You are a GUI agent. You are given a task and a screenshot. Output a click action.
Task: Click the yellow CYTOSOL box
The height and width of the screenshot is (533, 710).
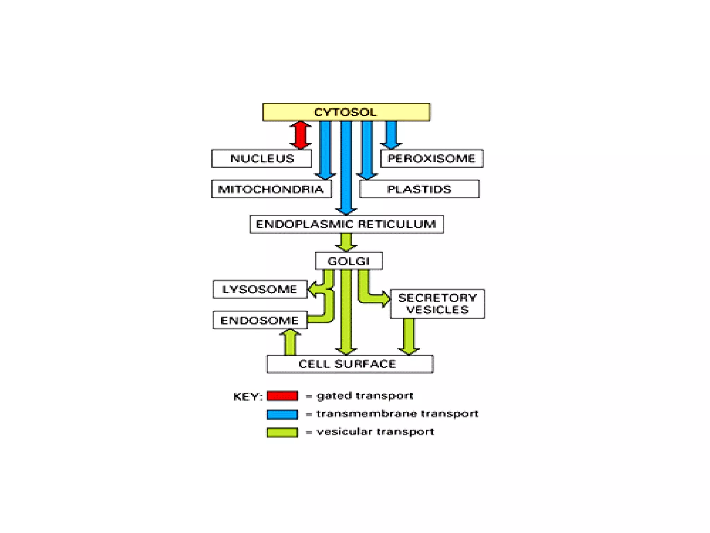(x=346, y=112)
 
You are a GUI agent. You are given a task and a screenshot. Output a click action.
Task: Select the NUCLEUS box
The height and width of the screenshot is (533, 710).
(x=261, y=158)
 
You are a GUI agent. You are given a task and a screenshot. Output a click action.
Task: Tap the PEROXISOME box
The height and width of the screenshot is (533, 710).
(x=432, y=158)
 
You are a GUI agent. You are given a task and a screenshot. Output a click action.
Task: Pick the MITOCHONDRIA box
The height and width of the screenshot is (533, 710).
(x=271, y=189)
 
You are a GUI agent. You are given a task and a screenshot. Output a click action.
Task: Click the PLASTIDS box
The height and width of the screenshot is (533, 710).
(x=419, y=189)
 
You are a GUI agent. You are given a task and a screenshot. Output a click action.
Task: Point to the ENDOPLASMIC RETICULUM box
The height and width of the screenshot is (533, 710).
(x=346, y=224)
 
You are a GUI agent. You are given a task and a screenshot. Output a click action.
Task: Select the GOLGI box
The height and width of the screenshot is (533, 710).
(x=349, y=261)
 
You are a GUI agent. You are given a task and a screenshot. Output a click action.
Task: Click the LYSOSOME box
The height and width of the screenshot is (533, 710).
(x=260, y=289)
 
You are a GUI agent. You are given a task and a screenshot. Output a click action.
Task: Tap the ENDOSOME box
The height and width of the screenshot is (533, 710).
(x=260, y=320)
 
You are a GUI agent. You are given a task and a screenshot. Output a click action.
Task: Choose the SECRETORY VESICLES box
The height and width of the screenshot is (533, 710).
(x=437, y=304)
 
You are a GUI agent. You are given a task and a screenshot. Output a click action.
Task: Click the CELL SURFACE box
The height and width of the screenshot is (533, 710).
(x=350, y=364)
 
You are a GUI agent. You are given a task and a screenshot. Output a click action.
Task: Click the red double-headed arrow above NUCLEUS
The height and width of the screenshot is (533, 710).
(x=300, y=135)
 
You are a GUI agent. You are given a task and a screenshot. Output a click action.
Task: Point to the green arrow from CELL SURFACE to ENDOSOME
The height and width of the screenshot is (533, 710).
(x=290, y=342)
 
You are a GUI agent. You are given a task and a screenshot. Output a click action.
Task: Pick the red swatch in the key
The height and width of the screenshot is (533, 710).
(x=282, y=396)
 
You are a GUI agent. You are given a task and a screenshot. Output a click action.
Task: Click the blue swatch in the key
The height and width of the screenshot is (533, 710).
(x=282, y=414)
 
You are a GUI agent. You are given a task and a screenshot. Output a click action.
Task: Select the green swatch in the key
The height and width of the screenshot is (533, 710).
(x=282, y=432)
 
